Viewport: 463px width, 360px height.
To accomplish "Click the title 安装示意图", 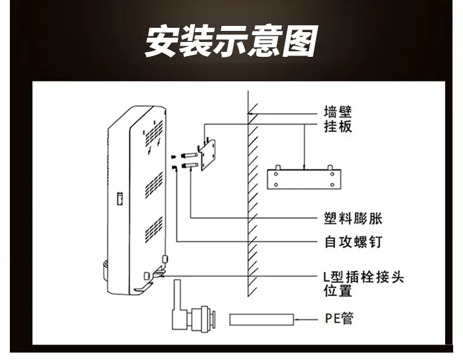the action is click(231, 41).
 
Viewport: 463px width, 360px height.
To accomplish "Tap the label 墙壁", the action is click(338, 112).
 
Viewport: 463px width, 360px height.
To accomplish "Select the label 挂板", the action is click(338, 127).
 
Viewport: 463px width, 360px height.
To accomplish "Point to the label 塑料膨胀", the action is click(353, 219).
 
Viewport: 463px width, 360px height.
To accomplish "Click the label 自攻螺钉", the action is click(354, 241).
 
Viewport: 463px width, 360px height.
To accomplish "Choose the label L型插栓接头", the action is click(364, 277).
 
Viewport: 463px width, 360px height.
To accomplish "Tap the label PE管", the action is click(339, 319).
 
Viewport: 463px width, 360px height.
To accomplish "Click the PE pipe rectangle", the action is click(262, 319).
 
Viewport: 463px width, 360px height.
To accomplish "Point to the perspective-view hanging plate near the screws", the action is click(207, 154).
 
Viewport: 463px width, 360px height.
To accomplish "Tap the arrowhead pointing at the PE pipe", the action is click(297, 319).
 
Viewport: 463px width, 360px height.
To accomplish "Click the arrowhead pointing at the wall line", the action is click(250, 114).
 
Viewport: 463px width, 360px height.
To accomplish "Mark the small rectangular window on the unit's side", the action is click(120, 198).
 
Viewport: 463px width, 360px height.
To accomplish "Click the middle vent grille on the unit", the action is click(154, 185).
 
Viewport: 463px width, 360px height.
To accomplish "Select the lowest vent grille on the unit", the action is click(154, 230).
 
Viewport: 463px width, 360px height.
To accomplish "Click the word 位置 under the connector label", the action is click(338, 291).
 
